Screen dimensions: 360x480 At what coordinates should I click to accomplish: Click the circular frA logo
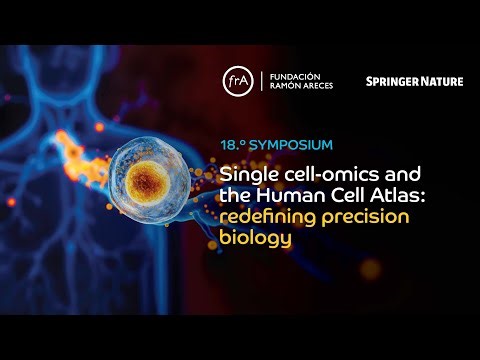238,81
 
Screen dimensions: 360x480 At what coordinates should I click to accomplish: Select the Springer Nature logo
414,81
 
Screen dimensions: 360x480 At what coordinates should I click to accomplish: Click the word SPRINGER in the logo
390,81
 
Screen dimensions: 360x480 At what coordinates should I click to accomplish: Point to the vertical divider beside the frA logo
261,81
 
